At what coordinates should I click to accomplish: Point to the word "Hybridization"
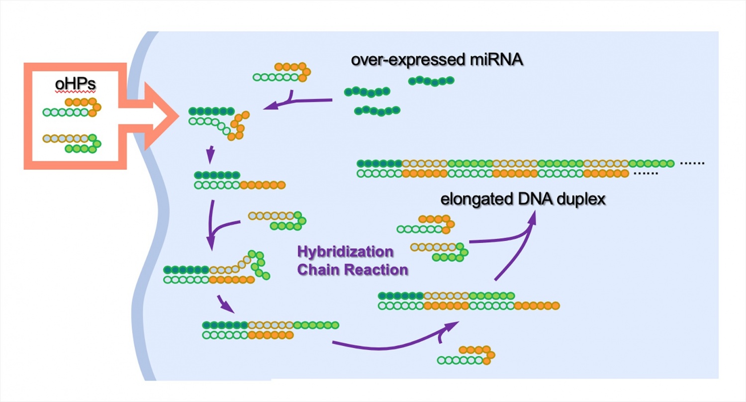(x=345, y=251)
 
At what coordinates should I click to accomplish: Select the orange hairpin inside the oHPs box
(x=73, y=107)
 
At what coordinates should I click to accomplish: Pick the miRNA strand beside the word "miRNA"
(x=431, y=81)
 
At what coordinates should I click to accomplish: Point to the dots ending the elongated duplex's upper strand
(x=692, y=163)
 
